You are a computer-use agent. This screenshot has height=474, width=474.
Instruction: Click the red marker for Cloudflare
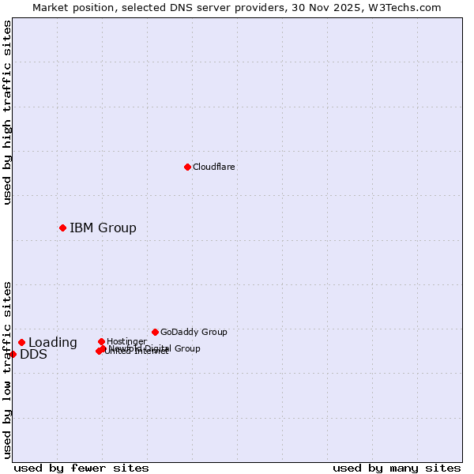click(187, 167)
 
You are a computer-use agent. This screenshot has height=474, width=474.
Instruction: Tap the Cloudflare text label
click(213, 167)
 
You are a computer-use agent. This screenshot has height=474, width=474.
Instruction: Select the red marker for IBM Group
click(62, 228)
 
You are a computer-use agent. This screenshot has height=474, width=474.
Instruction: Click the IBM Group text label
click(103, 228)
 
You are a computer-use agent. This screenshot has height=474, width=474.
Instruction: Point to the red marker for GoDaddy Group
click(155, 332)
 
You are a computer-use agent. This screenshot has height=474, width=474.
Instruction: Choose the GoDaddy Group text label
click(194, 332)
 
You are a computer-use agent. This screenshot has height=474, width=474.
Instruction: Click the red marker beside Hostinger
click(101, 341)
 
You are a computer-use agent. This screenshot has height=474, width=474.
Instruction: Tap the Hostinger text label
click(126, 341)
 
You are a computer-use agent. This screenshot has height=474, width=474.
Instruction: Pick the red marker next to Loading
click(21, 342)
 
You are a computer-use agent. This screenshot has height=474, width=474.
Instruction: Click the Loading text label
click(53, 343)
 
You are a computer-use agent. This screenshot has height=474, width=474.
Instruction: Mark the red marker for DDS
click(13, 354)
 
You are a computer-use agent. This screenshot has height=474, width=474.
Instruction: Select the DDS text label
click(33, 355)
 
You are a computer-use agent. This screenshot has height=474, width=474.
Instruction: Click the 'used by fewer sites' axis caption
click(81, 468)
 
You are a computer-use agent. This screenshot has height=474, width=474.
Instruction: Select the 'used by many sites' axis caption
click(397, 468)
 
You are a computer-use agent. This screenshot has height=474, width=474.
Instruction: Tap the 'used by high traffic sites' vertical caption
click(7, 112)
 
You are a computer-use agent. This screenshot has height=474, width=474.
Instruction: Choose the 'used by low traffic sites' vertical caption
click(7, 369)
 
